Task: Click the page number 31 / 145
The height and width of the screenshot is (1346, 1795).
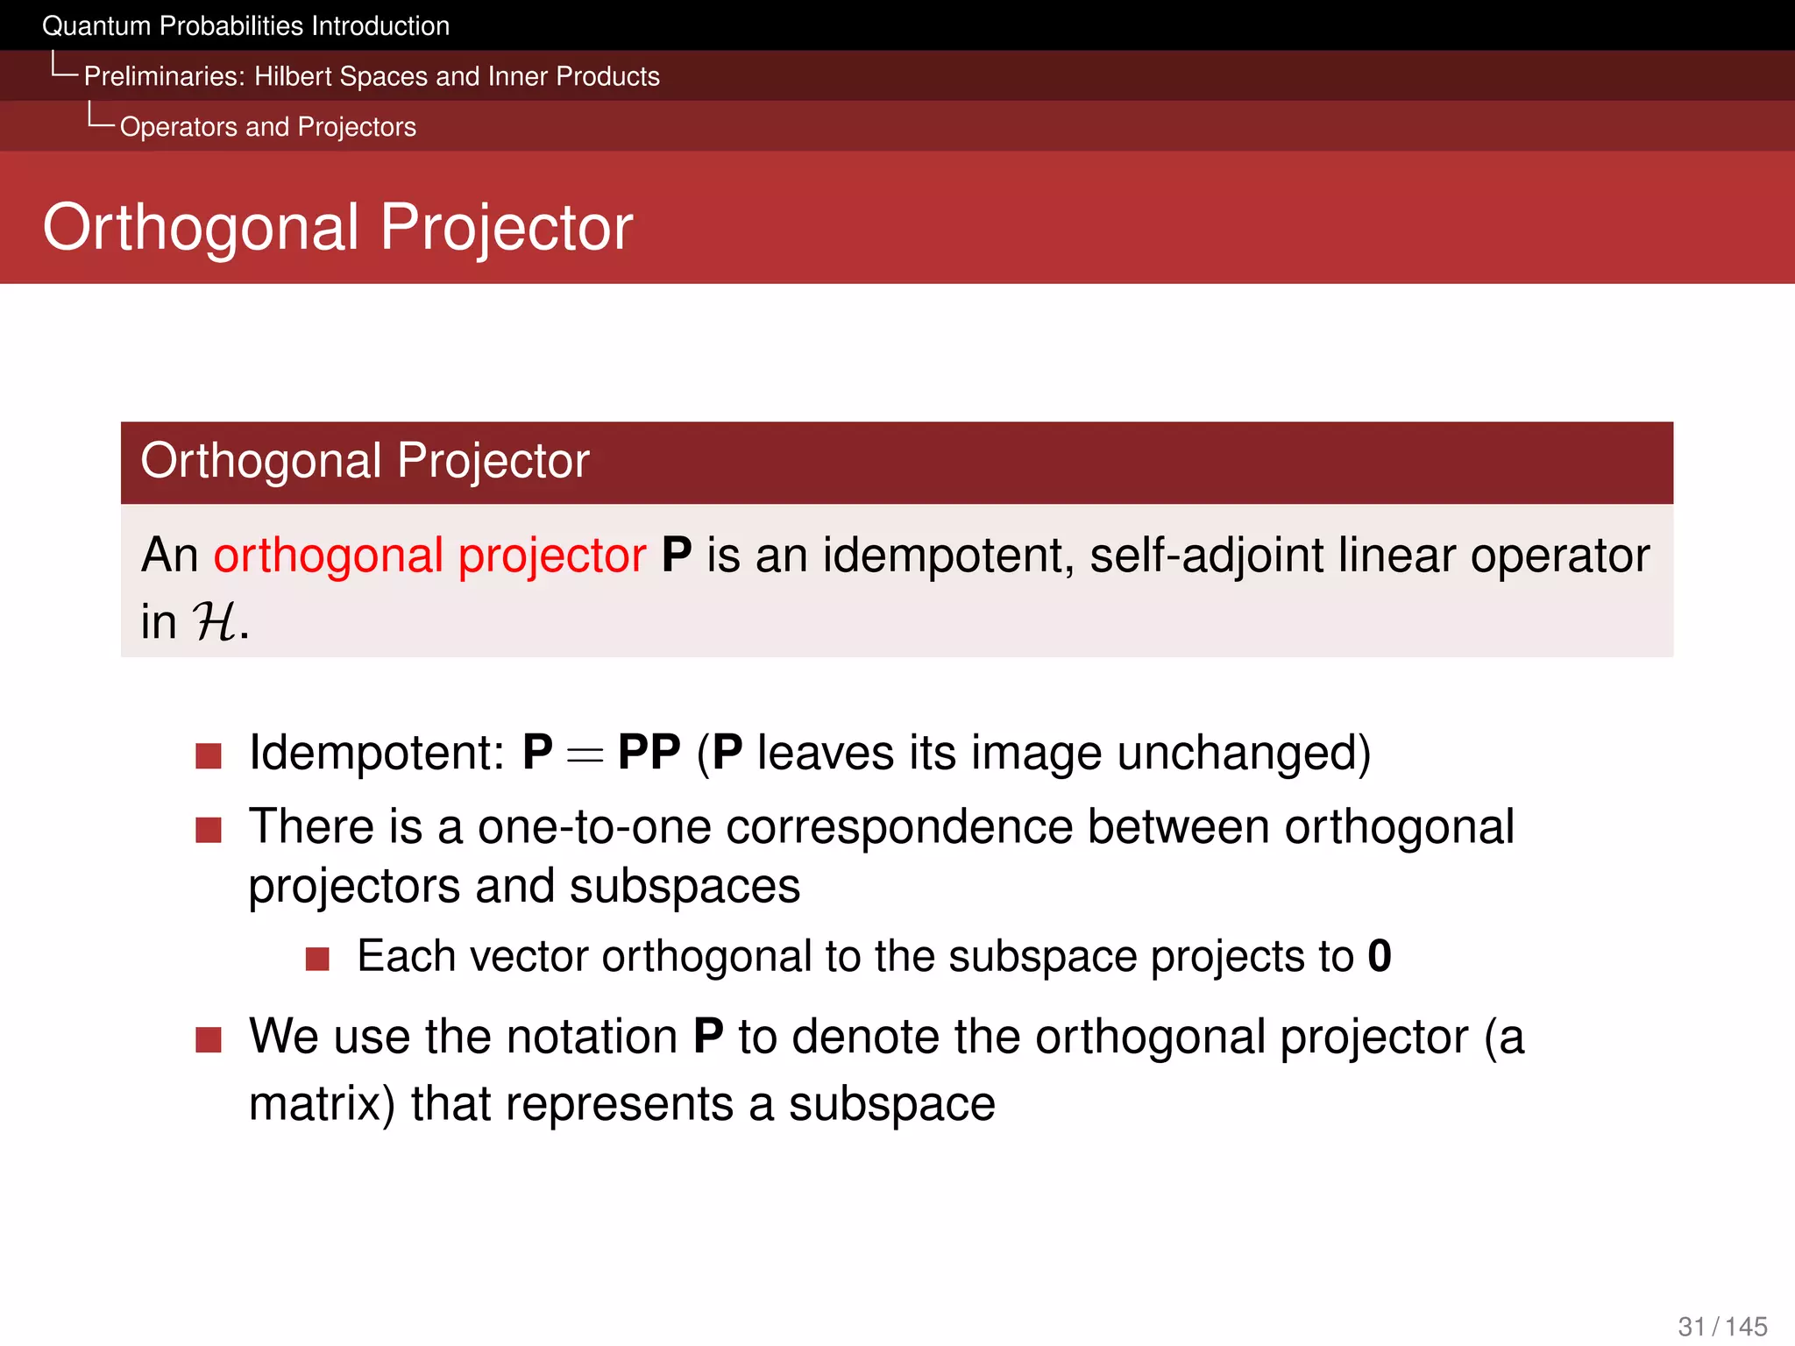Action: [x=1722, y=1327]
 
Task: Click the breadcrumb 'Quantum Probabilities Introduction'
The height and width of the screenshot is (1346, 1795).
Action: [x=245, y=26]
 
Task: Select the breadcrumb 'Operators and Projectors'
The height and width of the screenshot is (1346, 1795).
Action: [x=267, y=127]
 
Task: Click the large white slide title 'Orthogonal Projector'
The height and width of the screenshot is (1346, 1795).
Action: [x=337, y=227]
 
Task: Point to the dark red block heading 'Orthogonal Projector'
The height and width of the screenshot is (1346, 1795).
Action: [x=365, y=461]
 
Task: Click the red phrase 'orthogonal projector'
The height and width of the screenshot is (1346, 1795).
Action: [x=429, y=556]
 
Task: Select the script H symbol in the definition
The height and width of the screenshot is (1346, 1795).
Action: [x=213, y=622]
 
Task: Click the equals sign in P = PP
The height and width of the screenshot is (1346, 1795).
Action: [x=585, y=754]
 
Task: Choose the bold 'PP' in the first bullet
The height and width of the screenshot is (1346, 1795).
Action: [x=649, y=753]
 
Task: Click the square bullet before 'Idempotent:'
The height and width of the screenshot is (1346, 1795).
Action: [x=209, y=755]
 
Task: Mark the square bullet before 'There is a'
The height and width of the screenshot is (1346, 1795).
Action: [x=209, y=829]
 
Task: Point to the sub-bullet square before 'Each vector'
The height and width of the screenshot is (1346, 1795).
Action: [x=317, y=959]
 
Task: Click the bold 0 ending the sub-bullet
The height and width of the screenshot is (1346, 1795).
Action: [x=1379, y=956]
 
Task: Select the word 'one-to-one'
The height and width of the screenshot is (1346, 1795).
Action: [x=594, y=827]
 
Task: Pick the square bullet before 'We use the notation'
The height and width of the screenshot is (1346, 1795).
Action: [x=209, y=1040]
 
